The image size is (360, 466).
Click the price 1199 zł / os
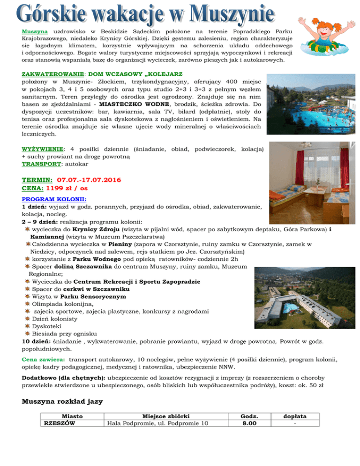click(x=67, y=188)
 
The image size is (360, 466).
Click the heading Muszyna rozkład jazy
click(x=62, y=401)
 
